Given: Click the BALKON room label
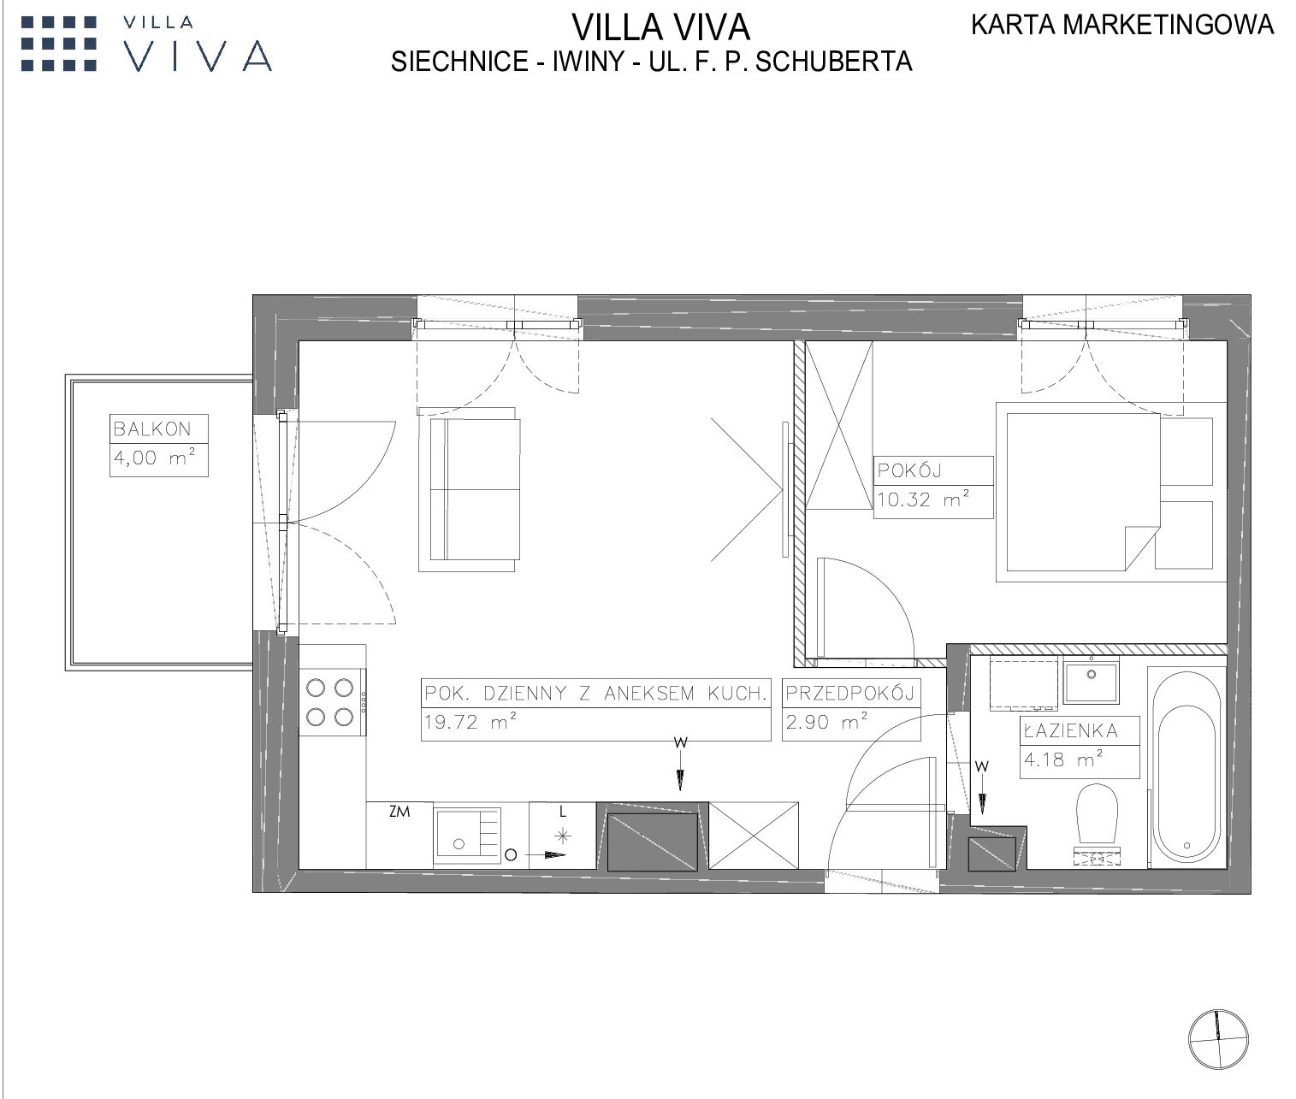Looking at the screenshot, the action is [151, 428].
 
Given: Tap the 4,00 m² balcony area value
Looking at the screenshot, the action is [154, 457].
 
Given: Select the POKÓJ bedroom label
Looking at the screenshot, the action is [909, 470].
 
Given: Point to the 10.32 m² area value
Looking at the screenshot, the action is [923, 499].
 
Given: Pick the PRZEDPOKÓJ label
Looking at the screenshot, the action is [850, 693].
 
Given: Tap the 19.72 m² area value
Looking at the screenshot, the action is [470, 722].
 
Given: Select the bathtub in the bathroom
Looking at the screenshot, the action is [1187, 768].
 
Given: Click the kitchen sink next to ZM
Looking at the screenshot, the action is [468, 836].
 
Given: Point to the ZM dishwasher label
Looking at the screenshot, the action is [399, 812].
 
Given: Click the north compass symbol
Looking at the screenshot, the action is [1218, 1039].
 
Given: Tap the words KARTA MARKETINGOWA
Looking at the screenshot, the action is [1122, 25].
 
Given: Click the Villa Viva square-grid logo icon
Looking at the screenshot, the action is [59, 44].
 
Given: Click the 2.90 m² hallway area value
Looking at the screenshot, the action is [827, 722].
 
